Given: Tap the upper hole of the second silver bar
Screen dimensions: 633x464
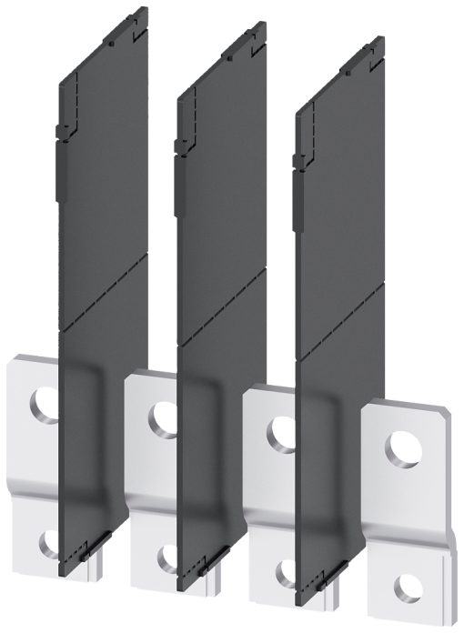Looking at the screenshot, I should (x=163, y=417).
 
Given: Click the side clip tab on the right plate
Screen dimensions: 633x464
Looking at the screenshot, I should (x=298, y=163).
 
